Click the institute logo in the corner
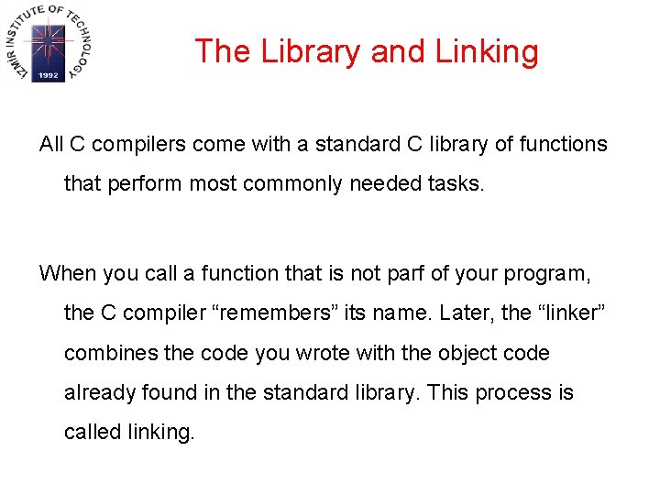click(48, 45)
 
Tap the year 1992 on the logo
click(48, 76)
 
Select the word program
click(545, 273)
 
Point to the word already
click(99, 393)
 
